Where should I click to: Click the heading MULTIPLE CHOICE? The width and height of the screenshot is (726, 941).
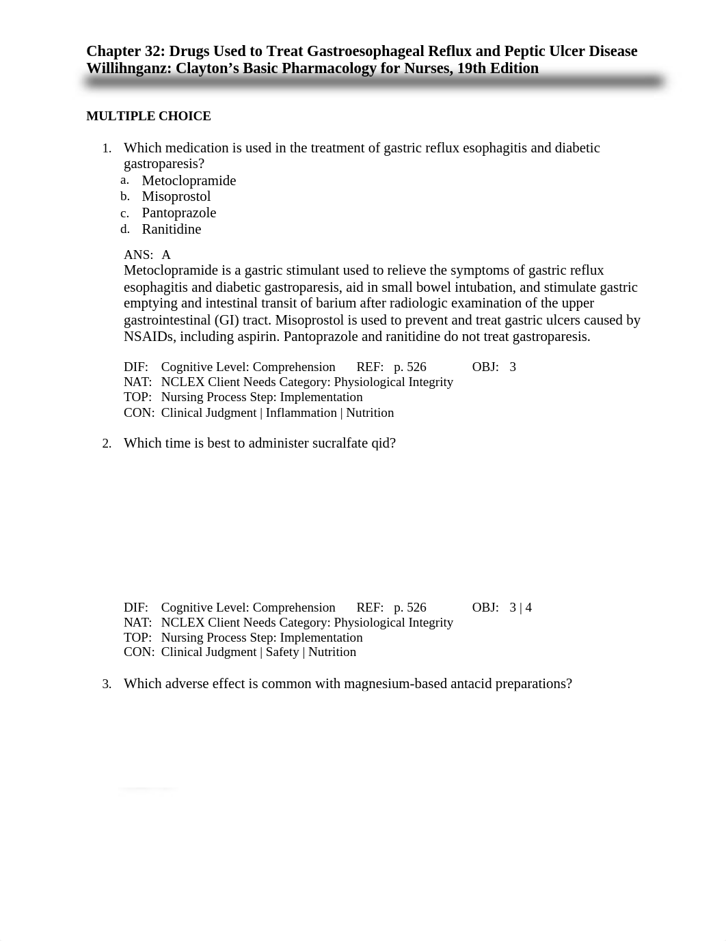point(148,116)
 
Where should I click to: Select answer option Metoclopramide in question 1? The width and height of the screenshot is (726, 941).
point(189,180)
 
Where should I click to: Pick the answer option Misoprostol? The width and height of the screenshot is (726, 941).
point(176,197)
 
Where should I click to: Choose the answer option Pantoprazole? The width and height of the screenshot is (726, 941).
point(178,213)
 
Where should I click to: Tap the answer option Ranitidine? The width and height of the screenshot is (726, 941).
point(171,230)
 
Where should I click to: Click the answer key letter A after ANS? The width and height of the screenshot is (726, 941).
point(166,255)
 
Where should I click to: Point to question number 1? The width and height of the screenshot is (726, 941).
point(106,148)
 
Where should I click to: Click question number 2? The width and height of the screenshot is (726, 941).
point(106,444)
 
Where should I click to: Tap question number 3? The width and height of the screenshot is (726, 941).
point(106,684)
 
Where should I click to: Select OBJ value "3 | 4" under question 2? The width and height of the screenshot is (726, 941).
point(520,608)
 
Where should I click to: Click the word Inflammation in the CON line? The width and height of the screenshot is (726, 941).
point(301,413)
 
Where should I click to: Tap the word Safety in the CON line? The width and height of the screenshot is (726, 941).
point(282,652)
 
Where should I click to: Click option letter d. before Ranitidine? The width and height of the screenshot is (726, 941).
point(125,229)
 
